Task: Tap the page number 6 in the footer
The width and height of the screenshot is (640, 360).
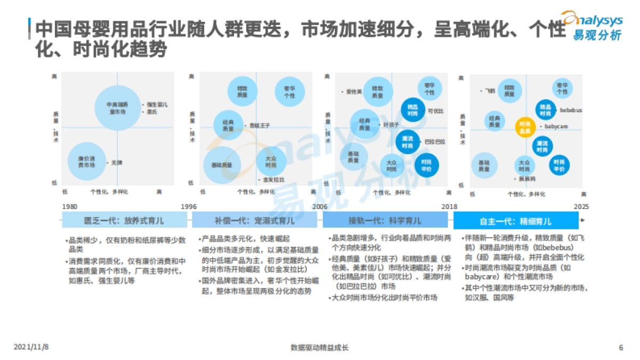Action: tap(621, 348)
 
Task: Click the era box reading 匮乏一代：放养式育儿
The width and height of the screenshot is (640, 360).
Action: tap(125, 220)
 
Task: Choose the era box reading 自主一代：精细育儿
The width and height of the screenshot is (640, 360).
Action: tap(516, 220)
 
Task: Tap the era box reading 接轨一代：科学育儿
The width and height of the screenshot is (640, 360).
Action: tap(385, 220)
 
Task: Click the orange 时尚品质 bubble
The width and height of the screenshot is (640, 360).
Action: tap(525, 127)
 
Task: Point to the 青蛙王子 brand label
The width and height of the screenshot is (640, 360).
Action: tap(260, 125)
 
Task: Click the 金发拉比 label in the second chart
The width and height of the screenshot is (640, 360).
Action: tap(274, 180)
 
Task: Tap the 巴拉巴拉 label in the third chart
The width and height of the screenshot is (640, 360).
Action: tap(435, 142)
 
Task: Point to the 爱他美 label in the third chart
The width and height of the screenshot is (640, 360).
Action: tap(354, 92)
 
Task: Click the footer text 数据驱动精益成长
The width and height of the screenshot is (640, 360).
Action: tap(319, 348)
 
